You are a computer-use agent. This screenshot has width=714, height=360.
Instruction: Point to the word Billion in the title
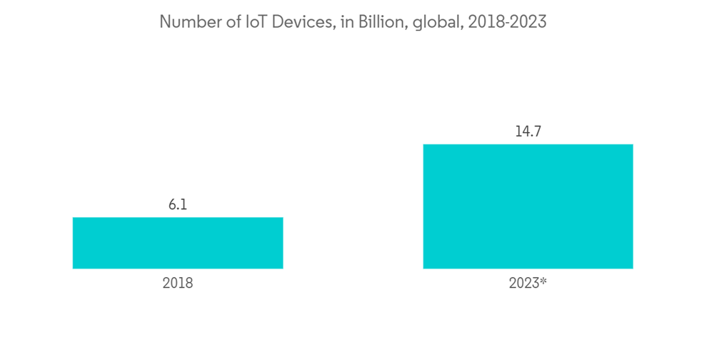pos(374,22)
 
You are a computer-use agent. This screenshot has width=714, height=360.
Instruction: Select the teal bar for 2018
pos(178,243)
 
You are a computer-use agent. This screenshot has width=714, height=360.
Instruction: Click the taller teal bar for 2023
pos(528,206)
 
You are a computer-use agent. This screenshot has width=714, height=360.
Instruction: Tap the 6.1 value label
pos(178,205)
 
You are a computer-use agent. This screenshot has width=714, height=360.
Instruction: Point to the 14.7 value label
pos(528,132)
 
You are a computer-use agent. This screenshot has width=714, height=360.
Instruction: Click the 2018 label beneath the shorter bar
pos(178,283)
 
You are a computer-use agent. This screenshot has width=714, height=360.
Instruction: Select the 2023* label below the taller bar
pos(528,283)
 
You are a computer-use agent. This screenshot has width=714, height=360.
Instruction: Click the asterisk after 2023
pos(543,281)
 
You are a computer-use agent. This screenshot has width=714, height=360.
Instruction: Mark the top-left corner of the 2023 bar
pos(424,145)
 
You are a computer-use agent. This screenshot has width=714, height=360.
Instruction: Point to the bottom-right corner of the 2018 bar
pos(282,268)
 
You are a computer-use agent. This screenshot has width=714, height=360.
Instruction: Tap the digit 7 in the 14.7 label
pos(536,132)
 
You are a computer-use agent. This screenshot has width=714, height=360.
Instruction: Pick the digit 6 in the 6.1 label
pos(173,205)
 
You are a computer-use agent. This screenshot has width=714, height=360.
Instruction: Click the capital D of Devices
pos(274,22)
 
